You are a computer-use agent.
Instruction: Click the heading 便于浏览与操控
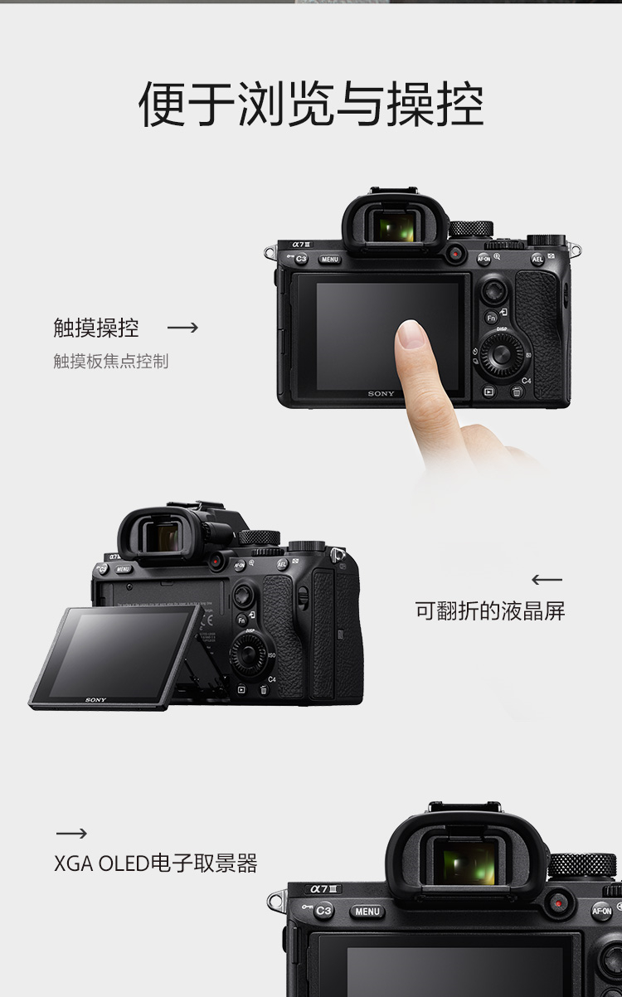pyautogui.click(x=311, y=105)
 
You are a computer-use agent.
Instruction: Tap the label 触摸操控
pyautogui.click(x=96, y=328)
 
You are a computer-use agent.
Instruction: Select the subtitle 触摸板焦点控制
pyautogui.click(x=111, y=361)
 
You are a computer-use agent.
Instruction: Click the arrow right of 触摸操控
pyautogui.click(x=182, y=328)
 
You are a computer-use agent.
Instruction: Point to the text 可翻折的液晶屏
pyautogui.click(x=490, y=610)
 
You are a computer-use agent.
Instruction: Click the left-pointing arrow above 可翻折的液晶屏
pyautogui.click(x=547, y=580)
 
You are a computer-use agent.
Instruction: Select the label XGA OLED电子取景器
pyautogui.click(x=155, y=863)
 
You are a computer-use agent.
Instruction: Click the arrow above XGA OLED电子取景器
pyautogui.click(x=71, y=834)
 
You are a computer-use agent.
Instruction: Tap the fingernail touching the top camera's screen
pyautogui.click(x=411, y=334)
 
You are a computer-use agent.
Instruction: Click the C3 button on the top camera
pyautogui.click(x=302, y=259)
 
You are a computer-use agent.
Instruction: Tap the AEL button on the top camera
pyautogui.click(x=537, y=259)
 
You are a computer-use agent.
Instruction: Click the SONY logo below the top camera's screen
pyautogui.click(x=381, y=393)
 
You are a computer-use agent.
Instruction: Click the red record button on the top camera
pyautogui.click(x=455, y=254)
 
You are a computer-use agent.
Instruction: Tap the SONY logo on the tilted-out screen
pyautogui.click(x=95, y=700)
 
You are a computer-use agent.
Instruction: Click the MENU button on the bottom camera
pyautogui.click(x=367, y=912)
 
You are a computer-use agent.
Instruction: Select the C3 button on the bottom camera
pyautogui.click(x=323, y=911)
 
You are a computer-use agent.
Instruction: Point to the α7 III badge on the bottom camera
pyautogui.click(x=323, y=889)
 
